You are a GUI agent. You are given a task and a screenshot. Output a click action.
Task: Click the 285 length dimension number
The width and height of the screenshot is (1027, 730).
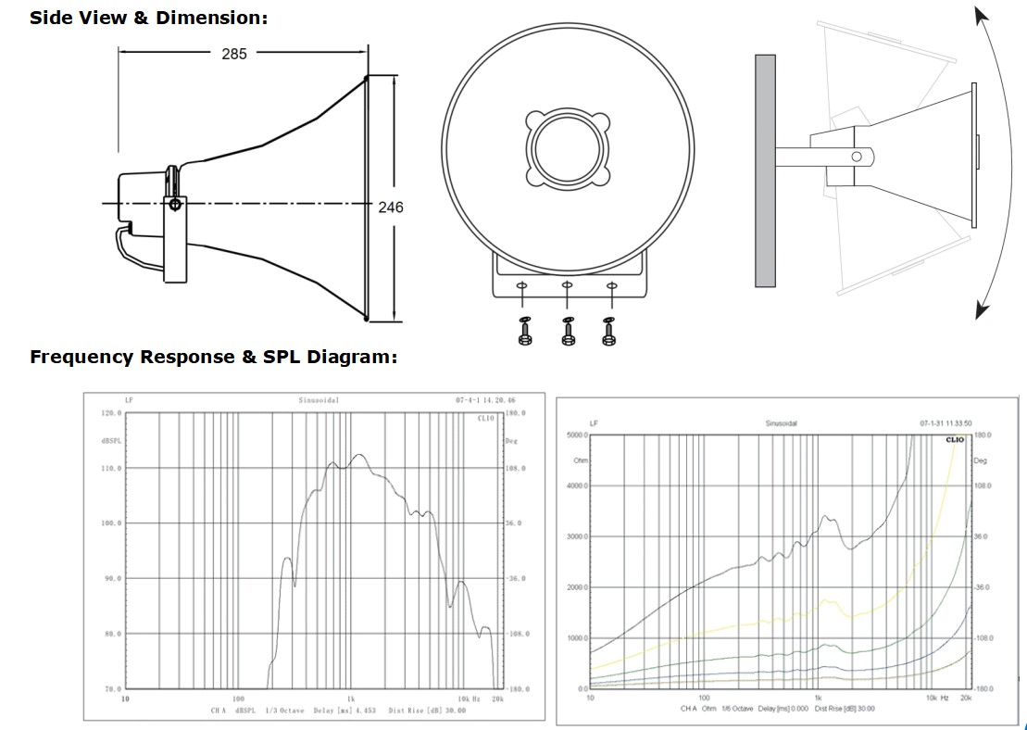(234, 54)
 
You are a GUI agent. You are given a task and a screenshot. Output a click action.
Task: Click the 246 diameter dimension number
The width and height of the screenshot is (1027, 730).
(391, 208)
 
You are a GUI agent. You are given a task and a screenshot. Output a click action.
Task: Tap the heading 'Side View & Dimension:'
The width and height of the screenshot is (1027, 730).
(148, 18)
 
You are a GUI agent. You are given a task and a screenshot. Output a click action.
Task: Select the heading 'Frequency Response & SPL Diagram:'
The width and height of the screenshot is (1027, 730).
(213, 357)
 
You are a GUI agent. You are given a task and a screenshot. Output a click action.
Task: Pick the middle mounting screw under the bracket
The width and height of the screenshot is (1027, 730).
(567, 331)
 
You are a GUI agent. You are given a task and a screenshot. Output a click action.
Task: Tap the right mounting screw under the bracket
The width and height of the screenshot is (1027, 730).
(609, 331)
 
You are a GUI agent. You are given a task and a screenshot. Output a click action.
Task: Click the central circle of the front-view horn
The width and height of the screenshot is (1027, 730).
(567, 148)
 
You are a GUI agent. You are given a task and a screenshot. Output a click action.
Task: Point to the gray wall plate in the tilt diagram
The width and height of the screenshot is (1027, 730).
(765, 170)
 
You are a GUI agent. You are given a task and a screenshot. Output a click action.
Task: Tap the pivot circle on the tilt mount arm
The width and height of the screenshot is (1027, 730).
(856, 157)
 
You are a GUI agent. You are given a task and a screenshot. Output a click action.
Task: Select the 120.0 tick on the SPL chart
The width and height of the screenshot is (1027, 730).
(111, 413)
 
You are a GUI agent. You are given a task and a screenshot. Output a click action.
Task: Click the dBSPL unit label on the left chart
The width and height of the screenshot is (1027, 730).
(111, 441)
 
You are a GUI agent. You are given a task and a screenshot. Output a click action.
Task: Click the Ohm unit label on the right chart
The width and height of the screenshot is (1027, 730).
(582, 459)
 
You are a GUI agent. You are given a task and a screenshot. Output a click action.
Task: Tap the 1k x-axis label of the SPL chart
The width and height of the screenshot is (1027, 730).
(351, 699)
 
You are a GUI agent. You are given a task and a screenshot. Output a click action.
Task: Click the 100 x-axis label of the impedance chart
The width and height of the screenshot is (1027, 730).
(704, 697)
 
